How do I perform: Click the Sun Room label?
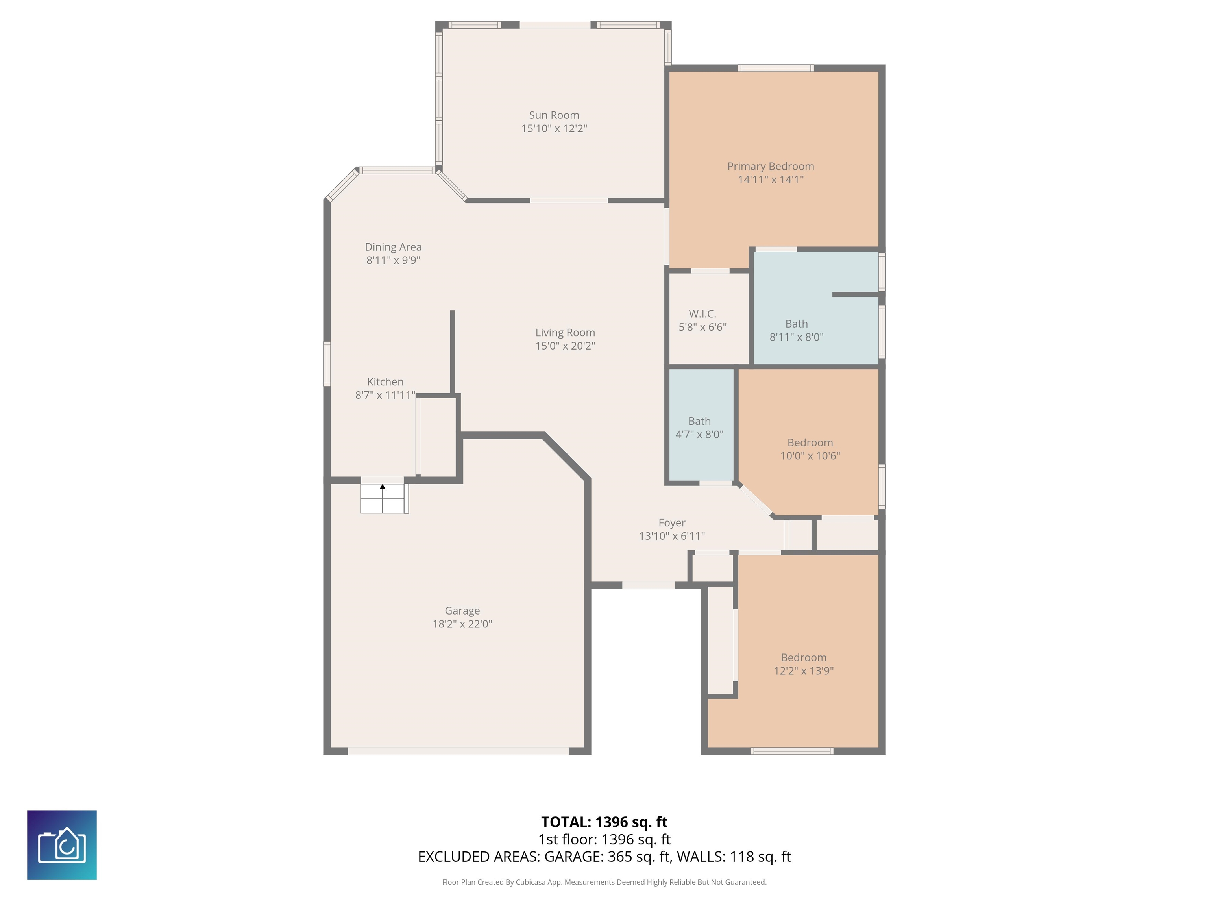pos(554,115)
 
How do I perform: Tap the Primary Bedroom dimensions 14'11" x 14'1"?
pos(771,180)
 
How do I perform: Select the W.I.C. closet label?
pos(702,314)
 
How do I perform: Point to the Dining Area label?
pos(393,247)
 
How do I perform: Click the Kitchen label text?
pos(385,381)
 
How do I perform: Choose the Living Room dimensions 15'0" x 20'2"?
pos(565,346)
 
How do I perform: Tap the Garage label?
pos(462,611)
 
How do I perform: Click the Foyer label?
pos(672,523)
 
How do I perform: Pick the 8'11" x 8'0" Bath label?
pos(796,330)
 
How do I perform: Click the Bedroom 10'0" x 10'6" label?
pos(810,449)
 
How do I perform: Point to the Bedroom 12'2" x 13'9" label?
pos(804,664)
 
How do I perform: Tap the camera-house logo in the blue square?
pos(62,845)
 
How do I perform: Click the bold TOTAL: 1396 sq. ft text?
pos(604,822)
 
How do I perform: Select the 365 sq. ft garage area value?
pos(639,857)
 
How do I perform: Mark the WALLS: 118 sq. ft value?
pos(734,857)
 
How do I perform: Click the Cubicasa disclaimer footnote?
pos(604,882)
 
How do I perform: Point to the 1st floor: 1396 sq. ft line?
pos(604,839)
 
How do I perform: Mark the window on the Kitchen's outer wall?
pos(327,364)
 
